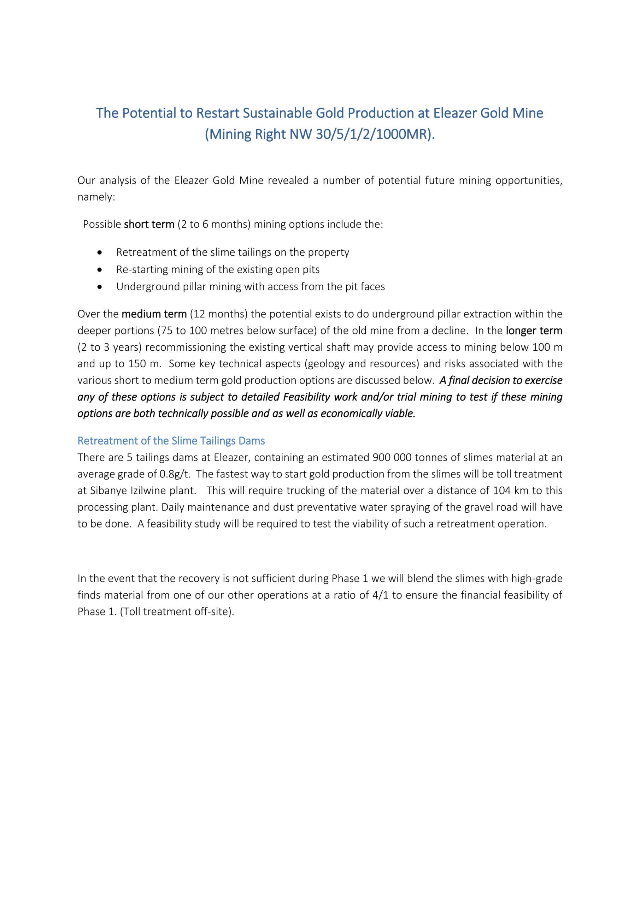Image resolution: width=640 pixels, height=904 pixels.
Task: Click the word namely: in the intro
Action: [x=96, y=197]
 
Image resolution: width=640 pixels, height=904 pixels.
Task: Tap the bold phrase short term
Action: [x=149, y=225]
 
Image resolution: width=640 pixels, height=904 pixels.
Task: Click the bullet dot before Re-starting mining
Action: [x=100, y=270]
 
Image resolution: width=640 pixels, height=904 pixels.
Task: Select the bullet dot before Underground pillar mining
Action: [x=100, y=287]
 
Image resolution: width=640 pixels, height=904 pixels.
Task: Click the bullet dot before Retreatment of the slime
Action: [x=100, y=252]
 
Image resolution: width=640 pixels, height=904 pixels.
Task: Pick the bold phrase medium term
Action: [x=154, y=314]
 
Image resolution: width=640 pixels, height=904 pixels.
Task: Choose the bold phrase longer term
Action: [x=534, y=331]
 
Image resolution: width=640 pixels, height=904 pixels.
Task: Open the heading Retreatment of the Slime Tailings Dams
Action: [x=171, y=441]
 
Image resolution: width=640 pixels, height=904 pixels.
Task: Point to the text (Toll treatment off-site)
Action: [x=177, y=612]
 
